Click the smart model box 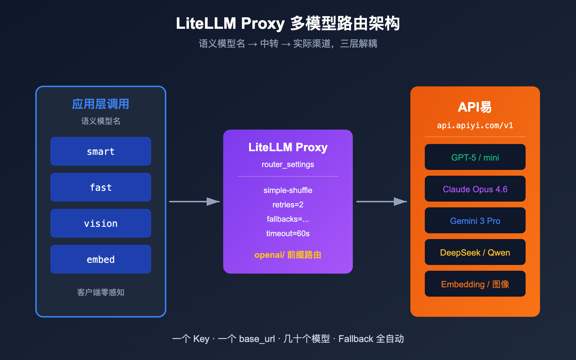[x=101, y=151]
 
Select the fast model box [x=101, y=187]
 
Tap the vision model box [x=101, y=223]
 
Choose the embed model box [x=101, y=259]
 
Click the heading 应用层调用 [x=101, y=104]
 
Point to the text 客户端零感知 [x=101, y=292]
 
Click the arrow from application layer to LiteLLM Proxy [x=194, y=202]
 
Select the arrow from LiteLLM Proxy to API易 [x=382, y=202]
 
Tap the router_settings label [x=288, y=165]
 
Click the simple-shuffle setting [x=288, y=190]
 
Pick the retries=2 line [x=288, y=204]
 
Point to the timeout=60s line [x=288, y=233]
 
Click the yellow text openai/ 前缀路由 [x=288, y=255]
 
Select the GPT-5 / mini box [x=475, y=157]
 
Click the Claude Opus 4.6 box [x=475, y=189]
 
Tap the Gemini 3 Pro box [x=475, y=220]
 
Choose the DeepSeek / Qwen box [x=475, y=252]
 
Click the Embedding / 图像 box [x=475, y=284]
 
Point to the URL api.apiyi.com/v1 [x=475, y=125]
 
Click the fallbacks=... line [x=288, y=219]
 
